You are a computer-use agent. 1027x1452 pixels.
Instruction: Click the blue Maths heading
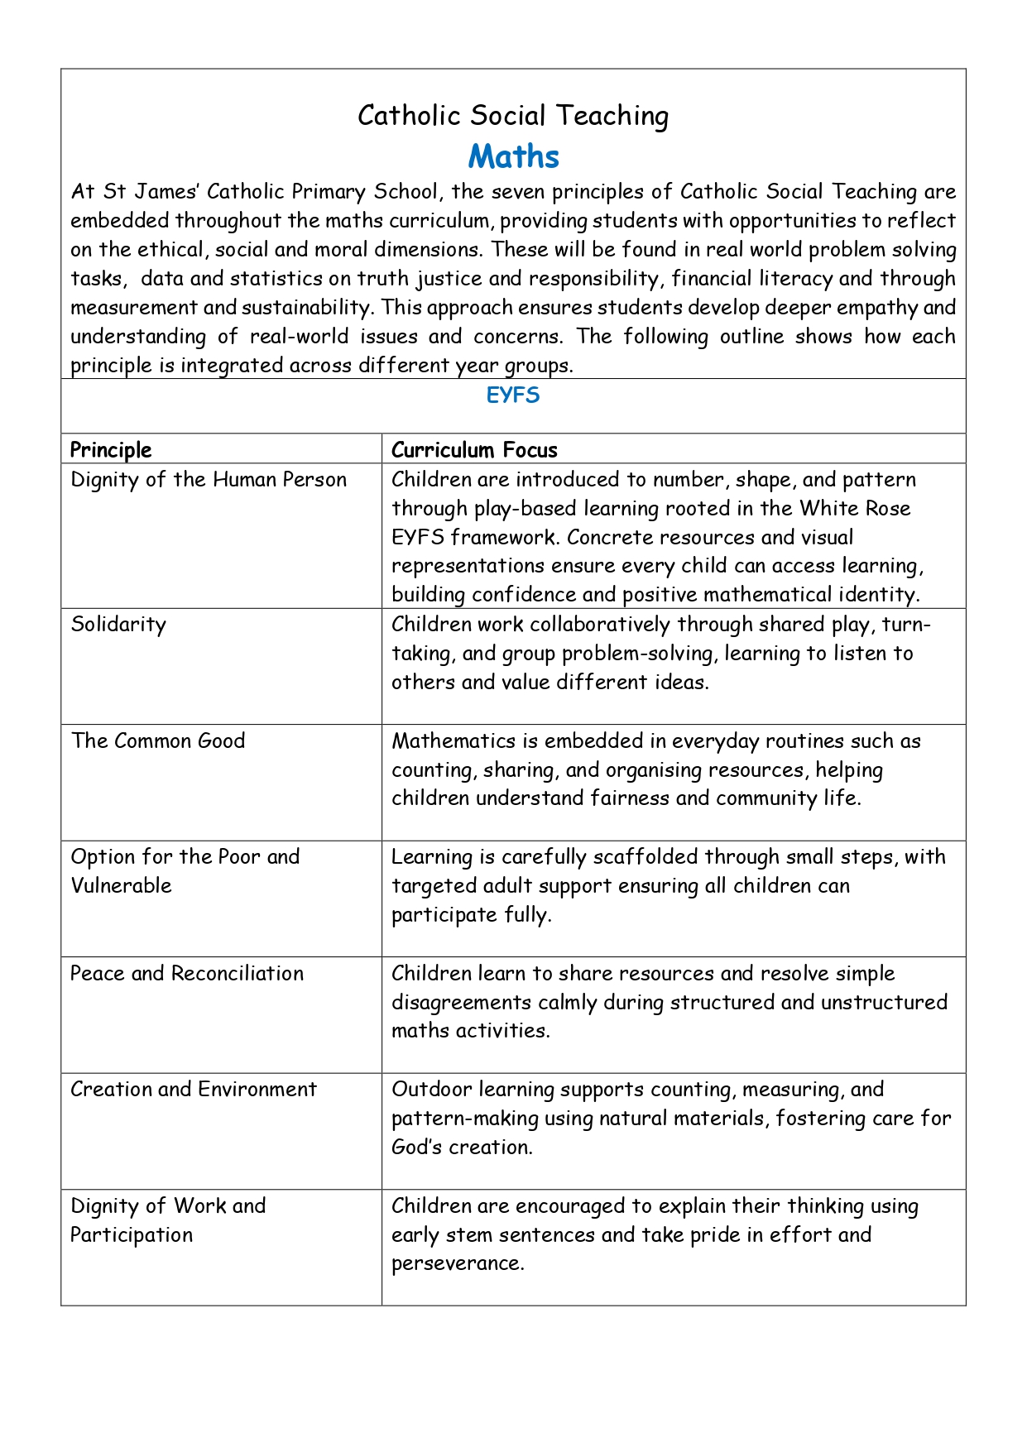513,156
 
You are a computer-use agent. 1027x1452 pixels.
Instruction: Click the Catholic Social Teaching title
513,116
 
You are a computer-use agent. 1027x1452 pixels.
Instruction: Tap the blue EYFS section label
513,395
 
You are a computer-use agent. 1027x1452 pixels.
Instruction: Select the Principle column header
111,450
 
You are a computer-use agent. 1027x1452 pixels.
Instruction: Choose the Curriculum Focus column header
474,450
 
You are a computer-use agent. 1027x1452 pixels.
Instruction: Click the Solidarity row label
118,625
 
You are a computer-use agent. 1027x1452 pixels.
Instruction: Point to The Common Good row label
158,740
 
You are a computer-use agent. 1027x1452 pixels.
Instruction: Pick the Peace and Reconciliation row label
187,973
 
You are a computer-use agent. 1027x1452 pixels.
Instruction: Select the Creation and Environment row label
194,1089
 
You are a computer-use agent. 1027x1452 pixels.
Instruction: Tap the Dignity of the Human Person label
209,480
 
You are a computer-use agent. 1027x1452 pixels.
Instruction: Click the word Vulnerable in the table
121,885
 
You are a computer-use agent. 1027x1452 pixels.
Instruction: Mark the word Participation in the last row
132,1234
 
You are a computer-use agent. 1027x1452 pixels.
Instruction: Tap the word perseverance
458,1263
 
